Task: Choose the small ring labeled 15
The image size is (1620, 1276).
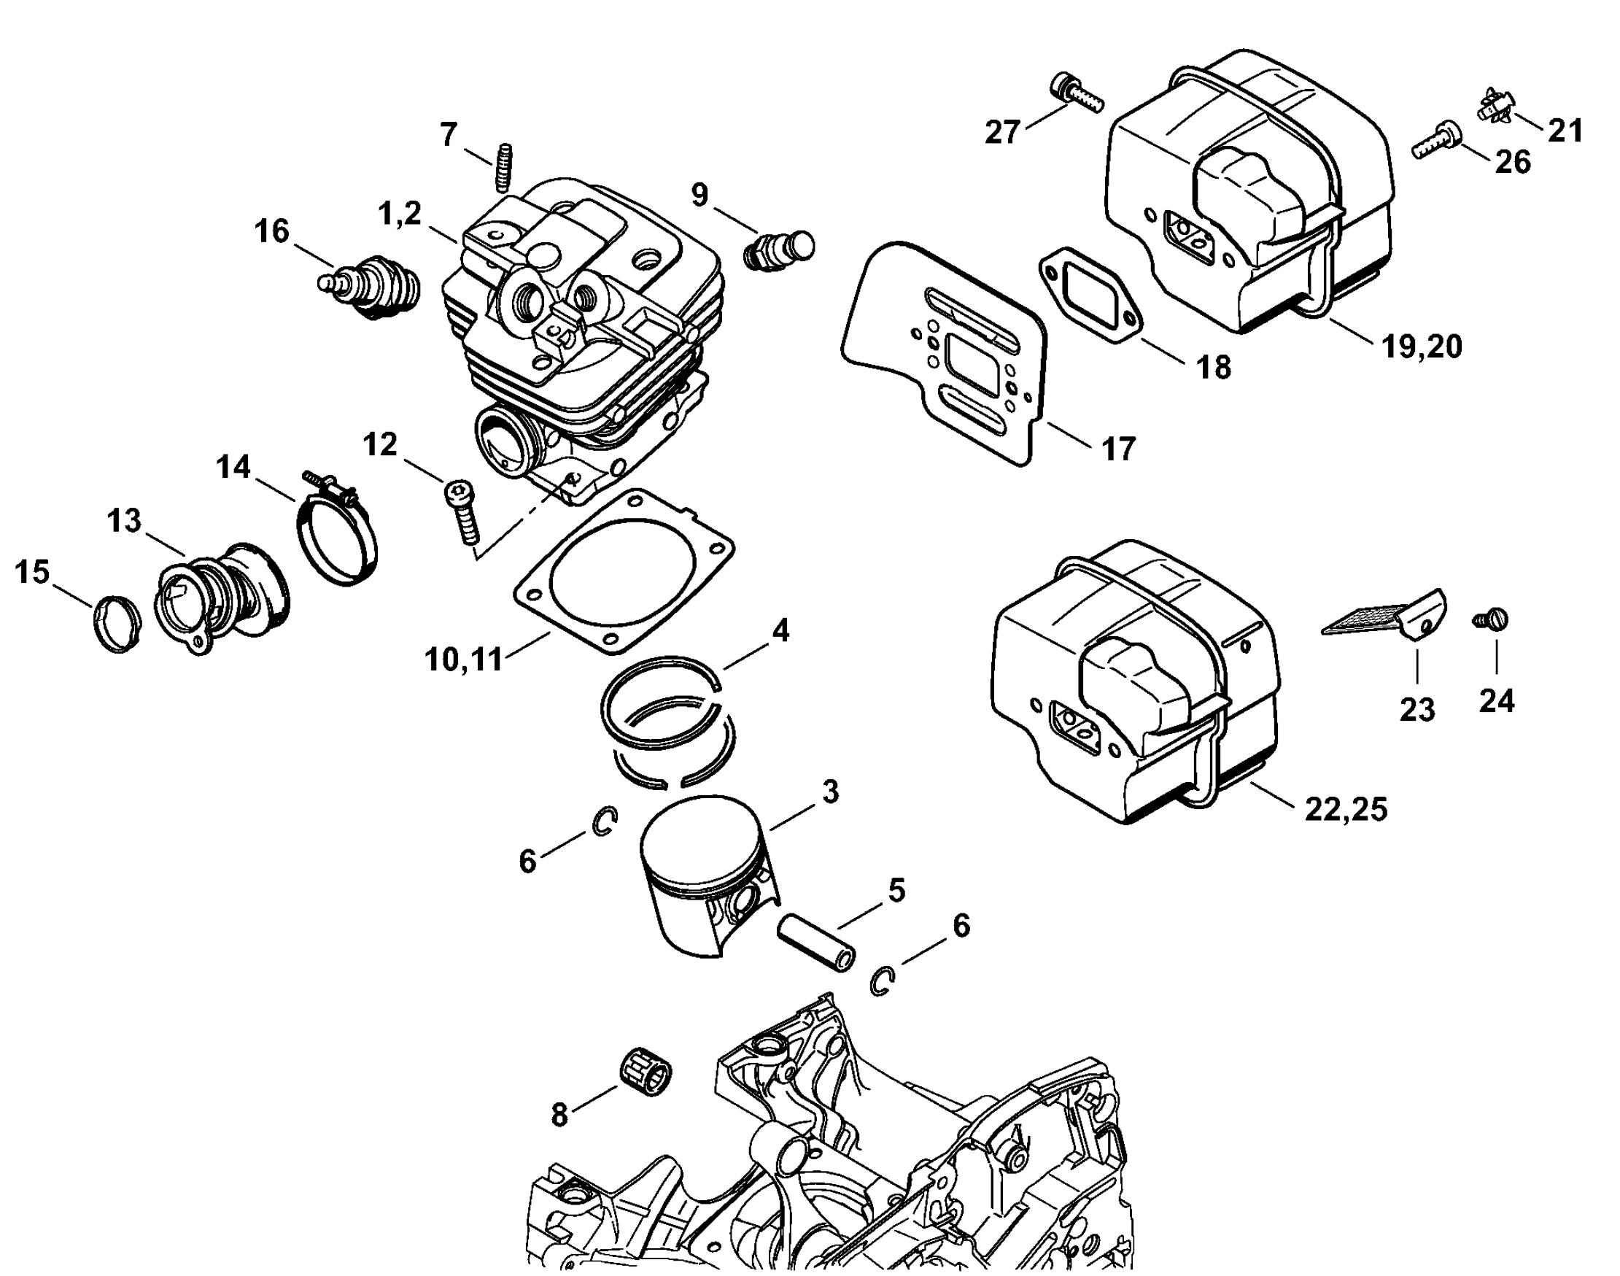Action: pyautogui.click(x=117, y=625)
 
